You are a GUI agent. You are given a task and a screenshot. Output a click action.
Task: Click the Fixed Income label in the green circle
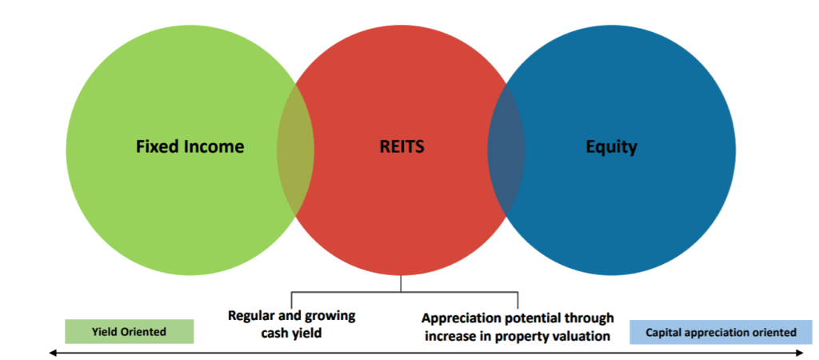point(190,147)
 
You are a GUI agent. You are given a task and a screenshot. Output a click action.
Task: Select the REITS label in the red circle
point(401,147)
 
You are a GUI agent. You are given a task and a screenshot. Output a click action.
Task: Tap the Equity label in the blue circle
point(611,147)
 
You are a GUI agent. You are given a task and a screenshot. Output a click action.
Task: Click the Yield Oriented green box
point(129,331)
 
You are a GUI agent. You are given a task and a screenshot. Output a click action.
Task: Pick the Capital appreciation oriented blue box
point(721,331)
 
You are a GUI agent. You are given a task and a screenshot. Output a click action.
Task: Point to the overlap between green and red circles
point(296,149)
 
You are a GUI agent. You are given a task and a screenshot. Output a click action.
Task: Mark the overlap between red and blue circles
point(506,149)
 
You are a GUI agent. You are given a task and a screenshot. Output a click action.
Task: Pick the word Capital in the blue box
point(665,331)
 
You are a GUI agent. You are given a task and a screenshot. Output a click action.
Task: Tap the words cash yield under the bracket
point(291,332)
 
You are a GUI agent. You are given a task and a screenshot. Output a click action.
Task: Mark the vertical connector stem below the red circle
point(401,283)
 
